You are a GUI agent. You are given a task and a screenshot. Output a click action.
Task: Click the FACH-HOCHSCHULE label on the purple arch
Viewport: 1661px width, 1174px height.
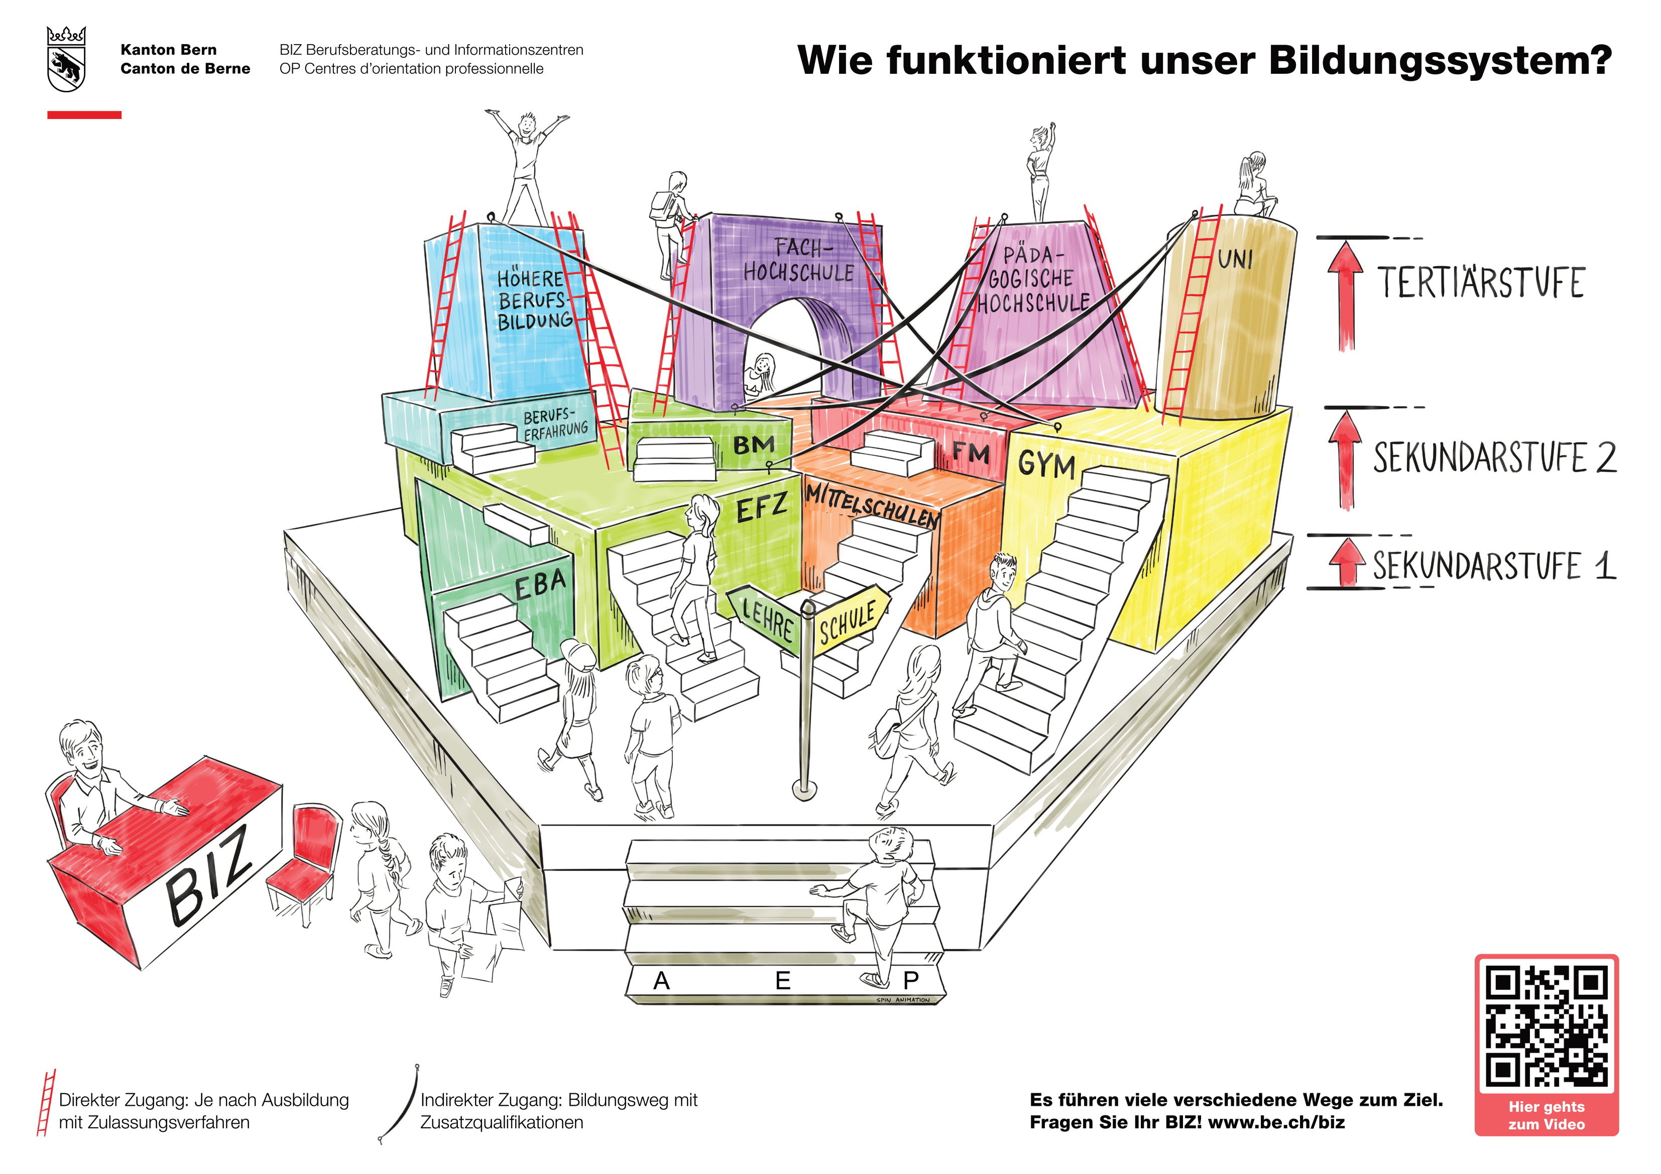click(x=799, y=260)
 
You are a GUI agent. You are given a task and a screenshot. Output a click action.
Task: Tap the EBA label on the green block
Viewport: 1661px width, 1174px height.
click(x=540, y=584)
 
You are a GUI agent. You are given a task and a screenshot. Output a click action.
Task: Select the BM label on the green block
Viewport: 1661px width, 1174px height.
click(x=754, y=445)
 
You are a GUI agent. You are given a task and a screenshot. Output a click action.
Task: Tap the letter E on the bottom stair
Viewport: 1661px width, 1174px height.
click(x=783, y=981)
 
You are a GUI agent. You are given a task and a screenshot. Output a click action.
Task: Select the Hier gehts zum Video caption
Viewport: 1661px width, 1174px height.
click(x=1546, y=1115)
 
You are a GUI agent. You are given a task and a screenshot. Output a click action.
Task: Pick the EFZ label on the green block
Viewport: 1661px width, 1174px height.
click(x=761, y=508)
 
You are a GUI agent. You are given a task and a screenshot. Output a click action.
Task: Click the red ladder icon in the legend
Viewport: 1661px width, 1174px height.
click(x=46, y=1102)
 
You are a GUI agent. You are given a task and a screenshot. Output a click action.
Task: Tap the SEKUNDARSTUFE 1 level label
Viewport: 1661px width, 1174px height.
click(x=1494, y=566)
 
